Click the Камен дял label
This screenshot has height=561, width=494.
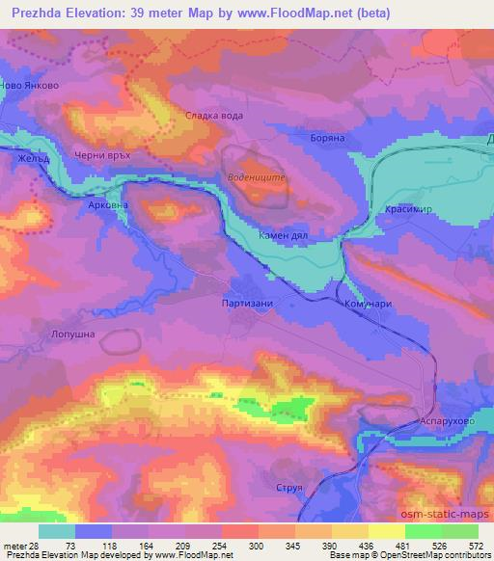point(281,235)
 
